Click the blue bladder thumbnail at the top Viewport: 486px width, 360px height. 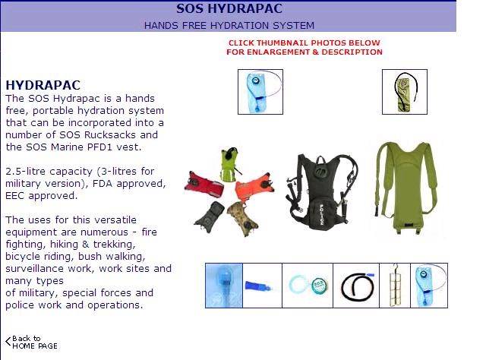pos(260,91)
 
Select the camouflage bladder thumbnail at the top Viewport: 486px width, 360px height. pos(399,92)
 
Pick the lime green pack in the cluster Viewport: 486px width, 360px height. pos(228,163)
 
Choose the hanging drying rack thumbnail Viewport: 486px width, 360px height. pos(395,285)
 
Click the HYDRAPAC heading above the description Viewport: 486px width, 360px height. pos(43,85)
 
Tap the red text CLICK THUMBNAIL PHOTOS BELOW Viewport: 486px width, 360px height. pos(305,43)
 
